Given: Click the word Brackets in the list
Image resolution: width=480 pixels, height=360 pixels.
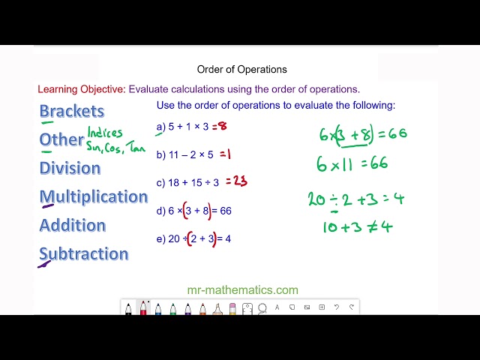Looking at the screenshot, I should (x=71, y=111).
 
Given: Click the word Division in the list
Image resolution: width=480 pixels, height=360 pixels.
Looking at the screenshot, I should (x=70, y=168).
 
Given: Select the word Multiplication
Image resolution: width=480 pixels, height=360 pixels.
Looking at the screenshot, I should (x=93, y=196).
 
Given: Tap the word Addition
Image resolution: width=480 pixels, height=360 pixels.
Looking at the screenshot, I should (x=72, y=225).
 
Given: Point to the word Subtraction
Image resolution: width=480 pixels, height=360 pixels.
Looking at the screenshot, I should (x=83, y=253).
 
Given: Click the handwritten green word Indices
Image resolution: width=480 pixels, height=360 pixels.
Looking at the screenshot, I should (x=105, y=133).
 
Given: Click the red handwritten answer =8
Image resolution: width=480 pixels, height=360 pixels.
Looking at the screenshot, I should (x=220, y=126).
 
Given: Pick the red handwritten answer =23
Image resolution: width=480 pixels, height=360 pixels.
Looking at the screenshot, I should (x=235, y=181).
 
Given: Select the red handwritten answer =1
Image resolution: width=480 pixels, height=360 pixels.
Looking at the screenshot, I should (x=223, y=154).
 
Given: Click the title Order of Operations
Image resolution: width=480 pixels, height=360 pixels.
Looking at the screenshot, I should (x=241, y=69).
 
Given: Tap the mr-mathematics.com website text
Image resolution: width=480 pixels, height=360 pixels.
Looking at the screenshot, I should (x=242, y=289).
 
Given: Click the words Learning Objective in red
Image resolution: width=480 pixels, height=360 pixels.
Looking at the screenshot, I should (x=82, y=89).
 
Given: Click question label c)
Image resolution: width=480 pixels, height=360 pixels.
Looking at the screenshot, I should (x=160, y=182).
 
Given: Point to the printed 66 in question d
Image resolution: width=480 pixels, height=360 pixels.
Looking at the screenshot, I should (x=225, y=211).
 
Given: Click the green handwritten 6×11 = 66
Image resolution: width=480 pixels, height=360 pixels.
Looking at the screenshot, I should (x=353, y=163).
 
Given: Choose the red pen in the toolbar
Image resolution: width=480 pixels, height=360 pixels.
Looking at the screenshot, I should (x=143, y=307).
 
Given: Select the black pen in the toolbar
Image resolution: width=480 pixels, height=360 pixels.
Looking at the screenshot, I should (x=128, y=307).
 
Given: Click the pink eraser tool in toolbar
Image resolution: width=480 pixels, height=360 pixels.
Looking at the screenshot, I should (x=232, y=307).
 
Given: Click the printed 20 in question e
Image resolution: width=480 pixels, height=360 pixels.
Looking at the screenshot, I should (x=173, y=239).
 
